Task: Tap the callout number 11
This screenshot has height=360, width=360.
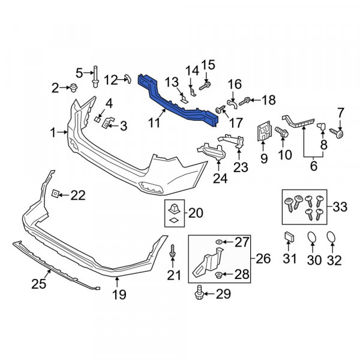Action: tap(154, 122)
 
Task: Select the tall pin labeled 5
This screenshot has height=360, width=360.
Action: tap(95, 76)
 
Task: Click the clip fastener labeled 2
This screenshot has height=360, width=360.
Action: tap(73, 88)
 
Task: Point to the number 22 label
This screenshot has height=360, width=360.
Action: tap(78, 195)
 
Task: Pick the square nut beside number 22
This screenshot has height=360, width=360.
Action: tap(55, 194)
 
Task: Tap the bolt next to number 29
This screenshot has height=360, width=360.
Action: tap(199, 292)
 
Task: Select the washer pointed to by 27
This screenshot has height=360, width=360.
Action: tap(219, 242)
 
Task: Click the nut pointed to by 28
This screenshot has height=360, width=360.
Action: tap(218, 274)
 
